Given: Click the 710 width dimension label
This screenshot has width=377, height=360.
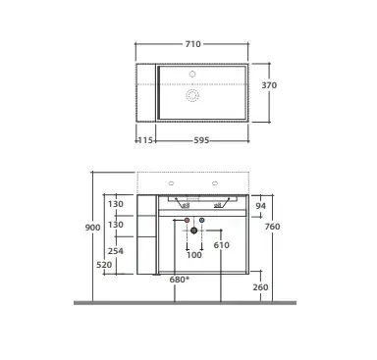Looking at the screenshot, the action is coord(192,44).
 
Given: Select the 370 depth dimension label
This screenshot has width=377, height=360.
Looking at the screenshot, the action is coord(269,85).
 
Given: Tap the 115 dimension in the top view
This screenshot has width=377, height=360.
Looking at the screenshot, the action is coord(145,140).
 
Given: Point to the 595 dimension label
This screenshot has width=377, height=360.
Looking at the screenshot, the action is coord(201,140).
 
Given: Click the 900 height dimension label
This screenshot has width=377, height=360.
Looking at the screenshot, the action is coord(92,228).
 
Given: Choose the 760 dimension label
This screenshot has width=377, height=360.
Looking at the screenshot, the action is coord(272,227).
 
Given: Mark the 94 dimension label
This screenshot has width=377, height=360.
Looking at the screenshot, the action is coord(261,206).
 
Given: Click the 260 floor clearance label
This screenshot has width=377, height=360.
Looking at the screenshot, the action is coord(260,287).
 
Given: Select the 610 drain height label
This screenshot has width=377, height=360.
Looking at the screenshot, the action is coord(222,245).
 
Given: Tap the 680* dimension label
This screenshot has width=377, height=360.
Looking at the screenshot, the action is coord(180,280).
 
